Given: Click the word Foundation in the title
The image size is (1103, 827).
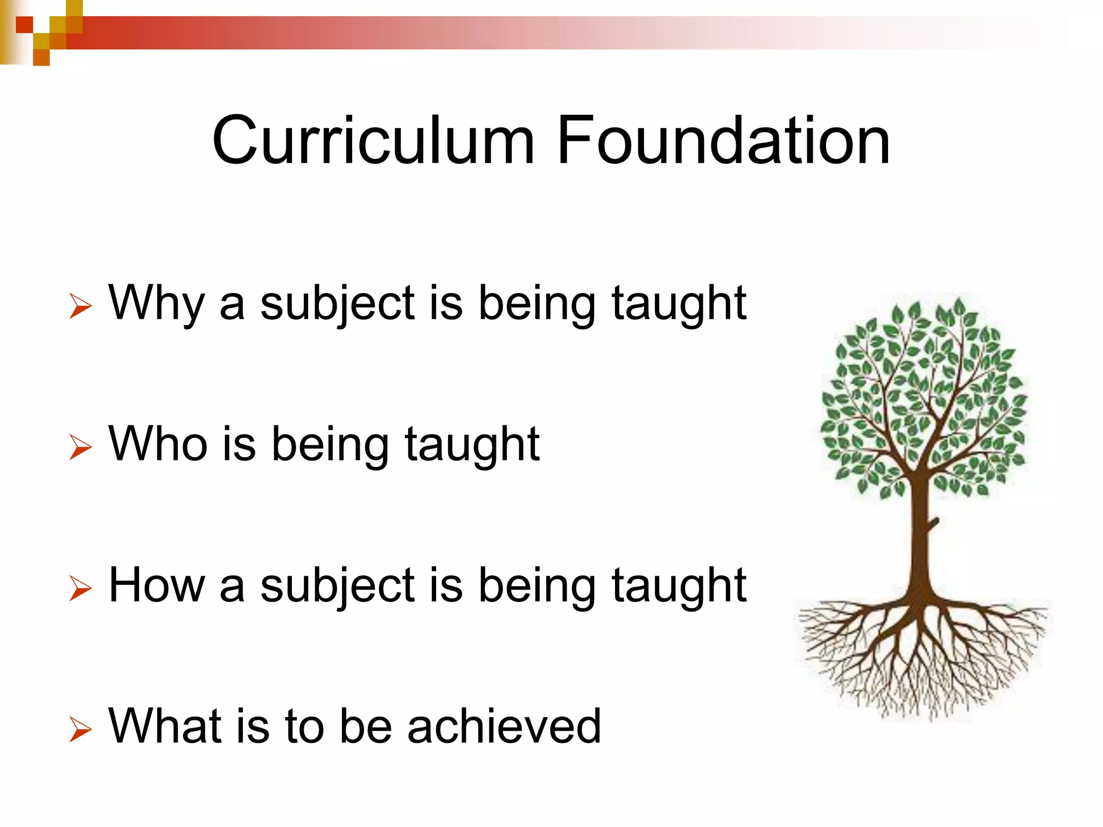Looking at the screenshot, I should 723,141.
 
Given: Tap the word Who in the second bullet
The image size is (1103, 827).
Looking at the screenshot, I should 158,444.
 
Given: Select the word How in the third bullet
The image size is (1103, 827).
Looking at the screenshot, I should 157,586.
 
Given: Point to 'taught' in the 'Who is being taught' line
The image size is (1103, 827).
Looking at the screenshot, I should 472,446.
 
